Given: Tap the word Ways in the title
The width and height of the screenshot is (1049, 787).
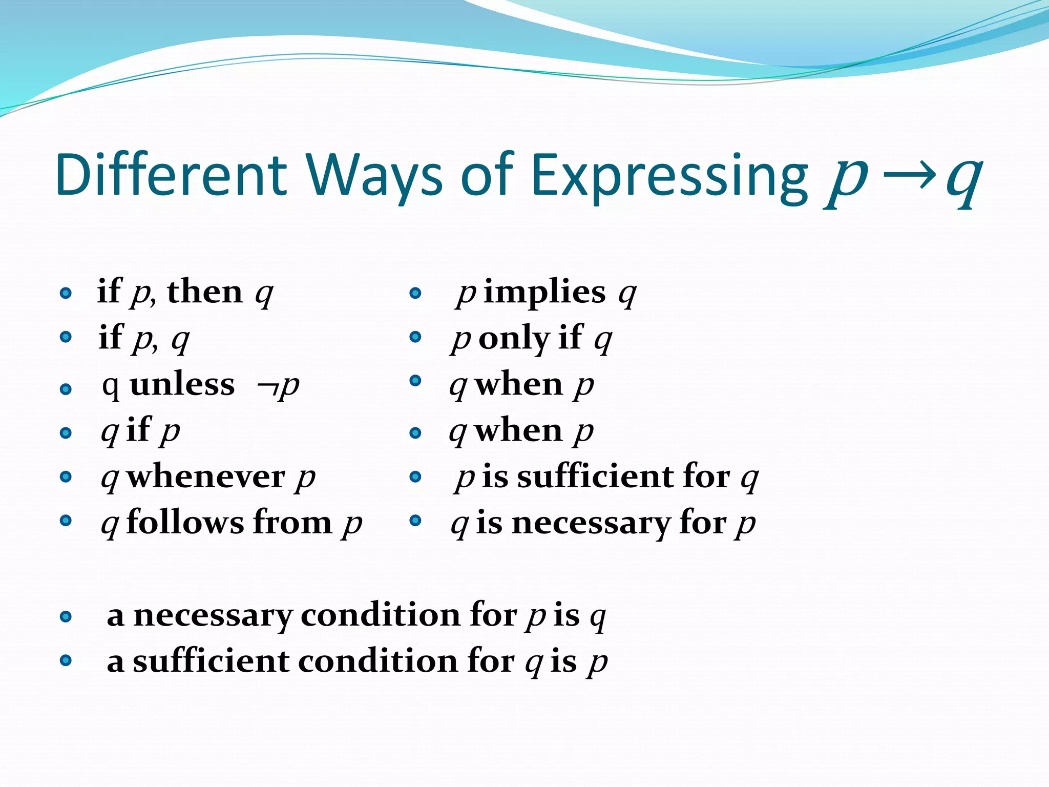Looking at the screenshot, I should point(374,175).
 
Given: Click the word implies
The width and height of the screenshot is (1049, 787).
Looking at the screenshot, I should point(544,293).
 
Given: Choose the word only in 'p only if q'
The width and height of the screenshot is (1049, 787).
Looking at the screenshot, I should point(514,339).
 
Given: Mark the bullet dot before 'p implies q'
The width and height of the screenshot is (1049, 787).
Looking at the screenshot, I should point(415,293).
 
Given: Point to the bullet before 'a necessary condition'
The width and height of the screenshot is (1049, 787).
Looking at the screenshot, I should point(66,616).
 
